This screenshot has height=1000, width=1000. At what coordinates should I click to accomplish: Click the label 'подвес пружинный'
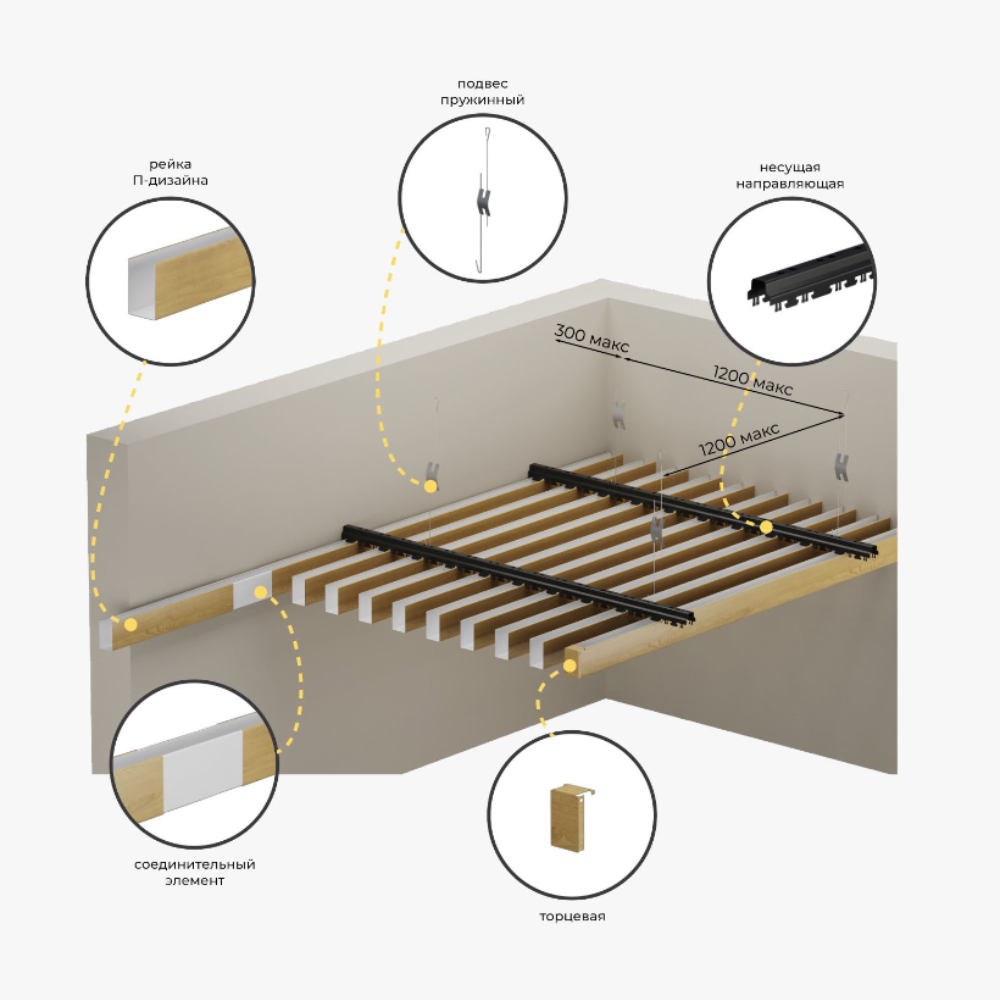482,92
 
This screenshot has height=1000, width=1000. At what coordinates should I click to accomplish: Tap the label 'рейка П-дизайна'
170,172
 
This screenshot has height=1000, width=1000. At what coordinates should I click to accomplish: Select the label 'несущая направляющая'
790,175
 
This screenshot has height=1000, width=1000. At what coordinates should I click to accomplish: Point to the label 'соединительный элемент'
195,872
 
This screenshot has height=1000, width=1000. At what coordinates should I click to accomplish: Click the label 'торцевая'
572,916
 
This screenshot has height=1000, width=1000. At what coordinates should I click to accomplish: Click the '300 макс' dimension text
591,338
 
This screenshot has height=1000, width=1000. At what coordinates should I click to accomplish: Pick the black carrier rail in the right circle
811,279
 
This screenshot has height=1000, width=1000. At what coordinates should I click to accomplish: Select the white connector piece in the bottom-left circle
203,770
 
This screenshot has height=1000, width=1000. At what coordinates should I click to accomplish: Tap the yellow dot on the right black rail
766,527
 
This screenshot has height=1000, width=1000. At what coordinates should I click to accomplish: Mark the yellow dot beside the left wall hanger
430,487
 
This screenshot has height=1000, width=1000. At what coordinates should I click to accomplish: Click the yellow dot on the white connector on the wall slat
260,592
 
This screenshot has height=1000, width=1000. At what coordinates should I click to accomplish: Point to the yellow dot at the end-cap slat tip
570,666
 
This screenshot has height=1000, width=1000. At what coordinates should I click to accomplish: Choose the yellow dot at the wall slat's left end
131,624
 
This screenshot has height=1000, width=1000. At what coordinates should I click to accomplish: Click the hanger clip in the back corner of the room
618,415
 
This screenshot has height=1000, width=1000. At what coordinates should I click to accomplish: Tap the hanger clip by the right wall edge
842,466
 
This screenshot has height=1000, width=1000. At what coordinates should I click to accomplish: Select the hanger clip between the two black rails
656,528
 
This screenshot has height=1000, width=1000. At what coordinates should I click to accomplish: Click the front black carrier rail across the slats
518,575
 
